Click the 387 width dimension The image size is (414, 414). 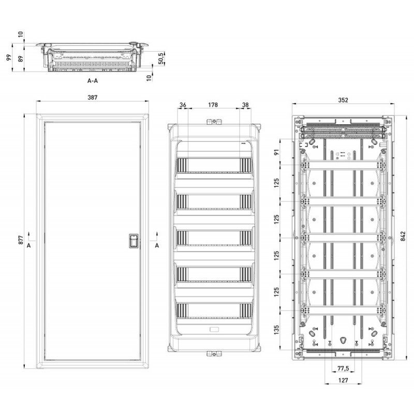(x=93, y=97)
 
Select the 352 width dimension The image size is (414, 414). (x=343, y=100)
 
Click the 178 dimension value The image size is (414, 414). (x=213, y=105)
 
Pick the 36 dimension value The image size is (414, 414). (x=183, y=105)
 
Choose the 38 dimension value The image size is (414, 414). (x=245, y=105)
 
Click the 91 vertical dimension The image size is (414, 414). (x=277, y=152)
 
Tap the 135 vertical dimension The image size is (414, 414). (x=277, y=329)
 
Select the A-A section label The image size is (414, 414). (x=93, y=81)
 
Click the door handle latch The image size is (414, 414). (x=133, y=241)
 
